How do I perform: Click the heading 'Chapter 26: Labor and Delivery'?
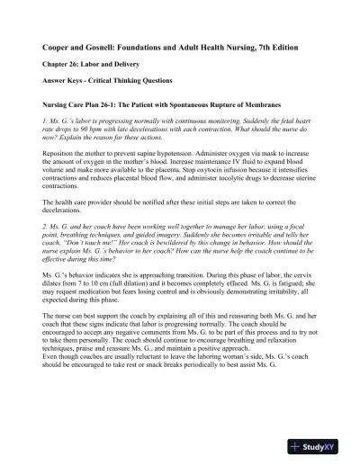(96, 66)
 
